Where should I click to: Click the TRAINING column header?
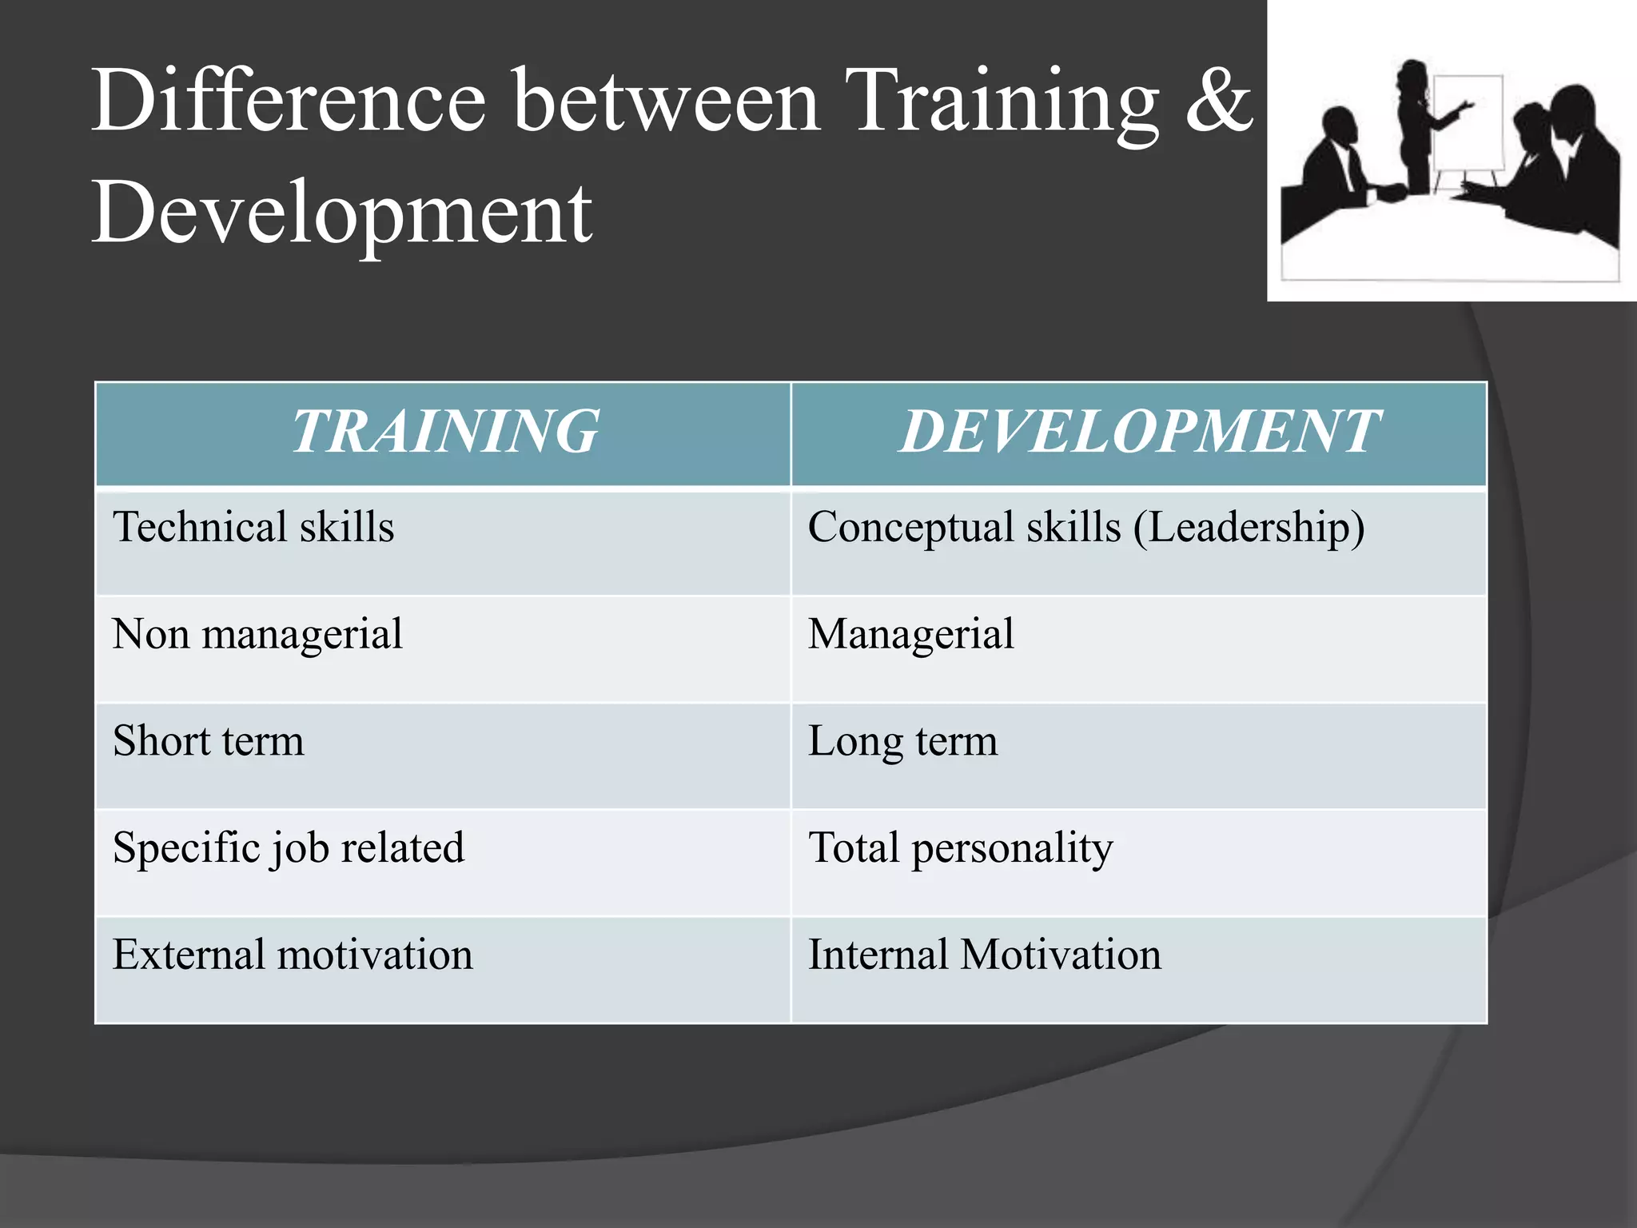click(444, 432)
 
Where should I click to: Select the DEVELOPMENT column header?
click(1138, 432)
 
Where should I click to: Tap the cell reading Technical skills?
click(253, 528)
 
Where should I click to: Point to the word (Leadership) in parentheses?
click(1249, 528)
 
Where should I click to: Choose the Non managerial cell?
click(257, 635)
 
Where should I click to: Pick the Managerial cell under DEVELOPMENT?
click(910, 635)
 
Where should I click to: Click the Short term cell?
click(209, 741)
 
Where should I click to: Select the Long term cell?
click(902, 741)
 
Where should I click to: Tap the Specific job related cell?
click(289, 848)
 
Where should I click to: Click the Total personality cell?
click(960, 848)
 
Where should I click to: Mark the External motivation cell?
click(293, 955)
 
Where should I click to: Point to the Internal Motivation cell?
click(984, 955)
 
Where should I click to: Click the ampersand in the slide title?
click(1219, 102)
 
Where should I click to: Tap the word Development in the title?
click(342, 213)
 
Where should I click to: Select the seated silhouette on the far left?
click(1331, 172)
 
